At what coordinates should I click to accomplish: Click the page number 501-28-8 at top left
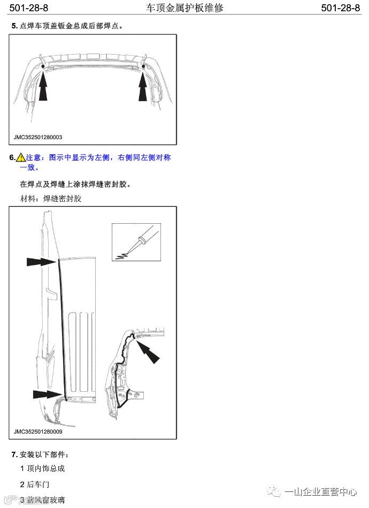28,7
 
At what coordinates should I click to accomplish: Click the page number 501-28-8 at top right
340,7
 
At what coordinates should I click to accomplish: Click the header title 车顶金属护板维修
184,7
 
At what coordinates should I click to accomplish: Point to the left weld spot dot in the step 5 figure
43,66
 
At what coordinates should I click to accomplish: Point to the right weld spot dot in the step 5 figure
143,66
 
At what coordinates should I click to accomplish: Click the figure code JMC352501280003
38,137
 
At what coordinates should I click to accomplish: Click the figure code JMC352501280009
38,431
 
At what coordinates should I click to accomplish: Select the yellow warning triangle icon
21,157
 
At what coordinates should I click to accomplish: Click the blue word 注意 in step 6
33,157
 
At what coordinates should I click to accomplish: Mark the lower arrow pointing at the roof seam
47,395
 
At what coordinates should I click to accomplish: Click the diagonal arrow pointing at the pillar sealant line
148,352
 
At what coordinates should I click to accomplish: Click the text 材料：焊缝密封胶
50,199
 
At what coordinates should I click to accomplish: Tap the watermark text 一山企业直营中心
320,492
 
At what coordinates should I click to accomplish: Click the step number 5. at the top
14,26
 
